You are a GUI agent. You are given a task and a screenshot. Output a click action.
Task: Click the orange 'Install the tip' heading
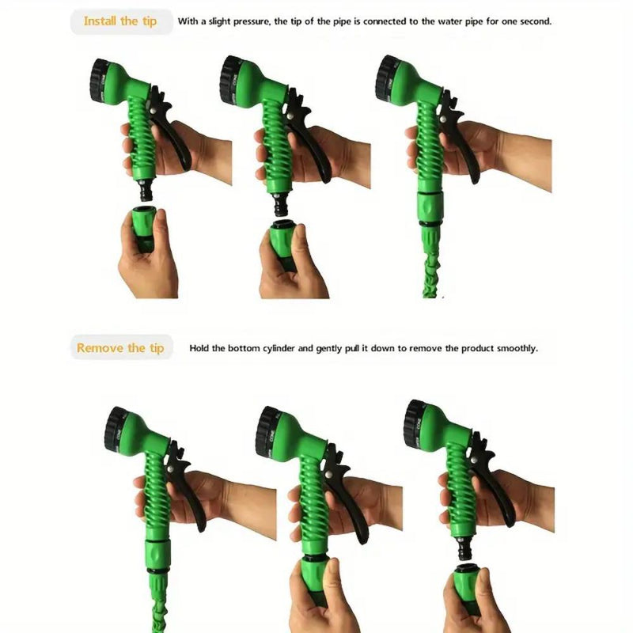[121, 21]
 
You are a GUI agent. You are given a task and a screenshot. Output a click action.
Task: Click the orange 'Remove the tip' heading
[120, 347]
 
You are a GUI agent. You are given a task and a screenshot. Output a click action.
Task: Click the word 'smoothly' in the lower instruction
[515, 348]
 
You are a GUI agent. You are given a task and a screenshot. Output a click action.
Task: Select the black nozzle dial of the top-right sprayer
[385, 71]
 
